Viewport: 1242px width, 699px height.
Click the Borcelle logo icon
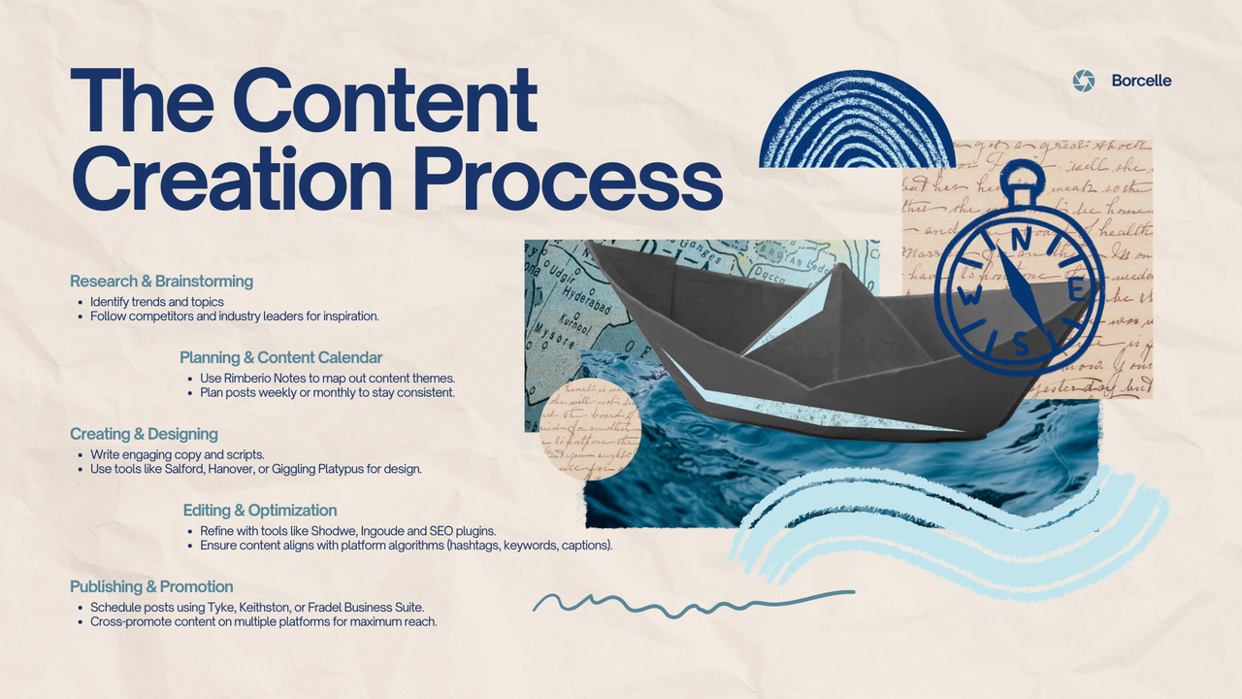1084,81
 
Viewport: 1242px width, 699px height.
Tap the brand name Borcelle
1141,81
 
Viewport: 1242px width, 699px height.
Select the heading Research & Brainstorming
161,282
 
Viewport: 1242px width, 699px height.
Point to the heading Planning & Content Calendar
281,357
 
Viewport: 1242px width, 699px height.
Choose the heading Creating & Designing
144,434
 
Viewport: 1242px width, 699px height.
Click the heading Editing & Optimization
260,511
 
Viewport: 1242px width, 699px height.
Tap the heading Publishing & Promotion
151,586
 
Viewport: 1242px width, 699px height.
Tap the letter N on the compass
1019,239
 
